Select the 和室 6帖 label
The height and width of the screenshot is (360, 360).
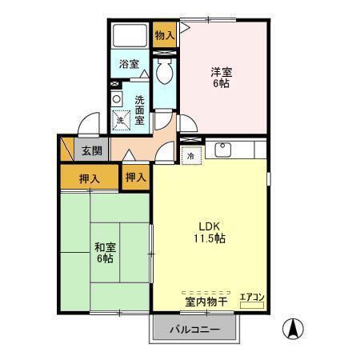(x=104, y=252)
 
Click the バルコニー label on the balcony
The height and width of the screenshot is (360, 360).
(x=193, y=330)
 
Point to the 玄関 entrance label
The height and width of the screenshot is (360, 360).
(x=90, y=150)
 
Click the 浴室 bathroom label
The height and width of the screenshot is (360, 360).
(x=129, y=63)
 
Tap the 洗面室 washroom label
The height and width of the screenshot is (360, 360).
(x=139, y=110)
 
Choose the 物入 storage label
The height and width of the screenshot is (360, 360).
(x=164, y=35)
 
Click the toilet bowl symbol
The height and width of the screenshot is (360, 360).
(x=165, y=74)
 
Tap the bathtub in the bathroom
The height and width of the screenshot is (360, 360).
(x=130, y=36)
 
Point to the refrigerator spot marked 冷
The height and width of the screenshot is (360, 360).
(x=190, y=157)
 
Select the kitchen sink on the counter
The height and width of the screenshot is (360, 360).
(x=222, y=150)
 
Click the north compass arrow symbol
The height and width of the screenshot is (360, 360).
(x=294, y=328)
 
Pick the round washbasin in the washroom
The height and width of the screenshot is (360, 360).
(x=117, y=98)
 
